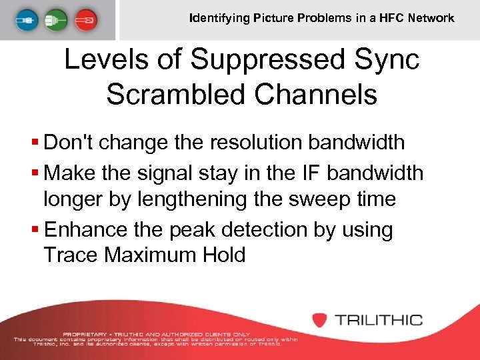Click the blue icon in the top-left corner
(23, 19)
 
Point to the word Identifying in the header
(218, 18)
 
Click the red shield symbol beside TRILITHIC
(320, 319)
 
